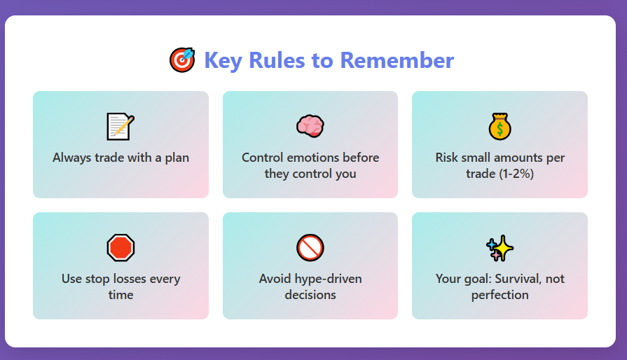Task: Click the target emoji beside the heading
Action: point(182,60)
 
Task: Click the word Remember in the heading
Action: point(397,60)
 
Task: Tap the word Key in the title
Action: point(223,61)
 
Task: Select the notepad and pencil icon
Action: point(120,127)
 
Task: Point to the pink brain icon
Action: point(310,126)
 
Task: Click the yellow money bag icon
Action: point(499,127)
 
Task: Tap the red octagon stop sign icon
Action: point(120,248)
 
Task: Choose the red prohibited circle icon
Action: point(310,248)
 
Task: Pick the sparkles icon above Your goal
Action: point(499,248)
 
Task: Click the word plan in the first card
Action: point(177,158)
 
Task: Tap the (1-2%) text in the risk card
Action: point(516,174)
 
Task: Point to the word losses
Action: point(130,279)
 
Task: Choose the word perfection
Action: point(499,296)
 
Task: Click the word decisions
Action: point(310,295)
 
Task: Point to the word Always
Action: point(72,158)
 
